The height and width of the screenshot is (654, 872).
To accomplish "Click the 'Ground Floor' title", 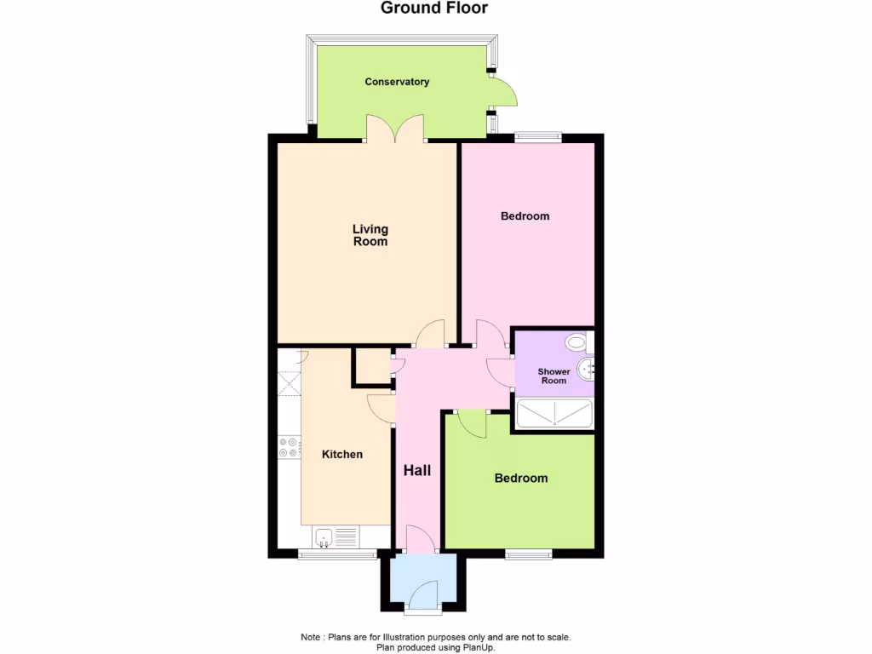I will click(x=434, y=9).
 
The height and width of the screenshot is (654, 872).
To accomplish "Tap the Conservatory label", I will click(x=397, y=82).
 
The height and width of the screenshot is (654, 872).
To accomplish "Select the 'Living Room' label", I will click(x=370, y=235).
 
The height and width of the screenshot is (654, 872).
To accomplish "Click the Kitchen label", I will click(x=341, y=455).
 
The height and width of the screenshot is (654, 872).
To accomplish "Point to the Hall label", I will click(x=417, y=471).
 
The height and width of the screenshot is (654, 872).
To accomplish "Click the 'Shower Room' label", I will click(x=554, y=376).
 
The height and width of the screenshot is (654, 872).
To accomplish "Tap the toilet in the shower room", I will click(x=577, y=342).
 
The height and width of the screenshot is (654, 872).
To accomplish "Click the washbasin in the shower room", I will click(x=585, y=369).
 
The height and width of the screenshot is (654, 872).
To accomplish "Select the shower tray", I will click(x=554, y=415).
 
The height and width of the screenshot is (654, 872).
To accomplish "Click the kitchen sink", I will click(x=324, y=537).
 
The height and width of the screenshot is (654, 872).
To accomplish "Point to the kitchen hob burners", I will click(x=288, y=447).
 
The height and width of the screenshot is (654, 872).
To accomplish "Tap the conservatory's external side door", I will click(x=504, y=92).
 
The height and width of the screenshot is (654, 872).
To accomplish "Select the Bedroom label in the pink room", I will click(x=525, y=216).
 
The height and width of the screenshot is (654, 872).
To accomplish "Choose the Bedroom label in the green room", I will click(x=521, y=479).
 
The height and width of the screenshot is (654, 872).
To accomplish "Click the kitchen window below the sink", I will click(x=337, y=555).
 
